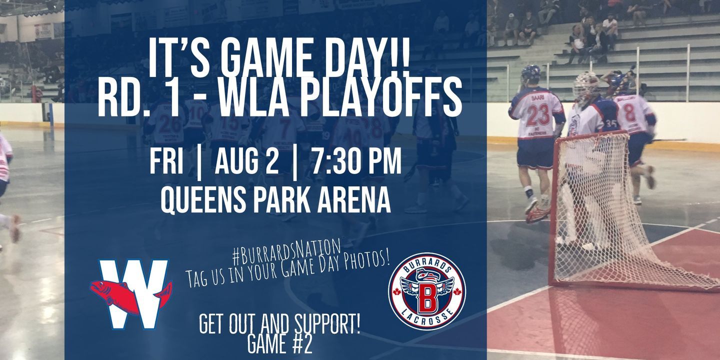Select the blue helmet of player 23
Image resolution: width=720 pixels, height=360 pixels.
point(530,73)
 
